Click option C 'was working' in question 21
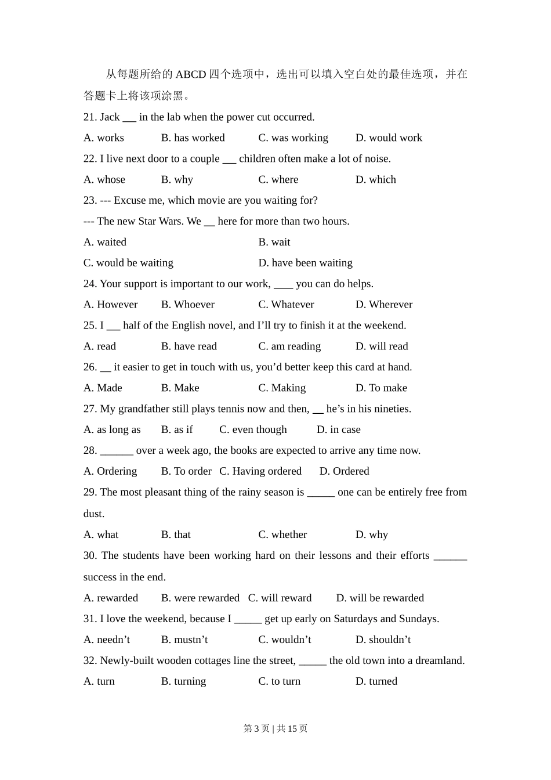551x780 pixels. point(293,138)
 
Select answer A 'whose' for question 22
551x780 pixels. point(104,179)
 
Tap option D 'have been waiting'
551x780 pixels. point(305,263)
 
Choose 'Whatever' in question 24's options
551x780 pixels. point(286,305)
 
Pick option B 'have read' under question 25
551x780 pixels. point(188,346)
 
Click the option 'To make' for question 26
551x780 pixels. point(381,388)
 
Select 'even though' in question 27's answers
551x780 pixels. point(253,429)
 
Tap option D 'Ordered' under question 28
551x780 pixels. point(344,471)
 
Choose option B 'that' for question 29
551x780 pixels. point(176,535)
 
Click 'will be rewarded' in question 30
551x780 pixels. point(380,598)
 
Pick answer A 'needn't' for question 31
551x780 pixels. point(107,640)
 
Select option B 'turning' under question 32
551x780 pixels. point(183,681)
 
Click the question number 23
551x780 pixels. point(90,200)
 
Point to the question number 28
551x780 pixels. point(90,450)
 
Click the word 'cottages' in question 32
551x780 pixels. point(211,660)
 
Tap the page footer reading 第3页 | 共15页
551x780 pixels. point(275,728)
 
